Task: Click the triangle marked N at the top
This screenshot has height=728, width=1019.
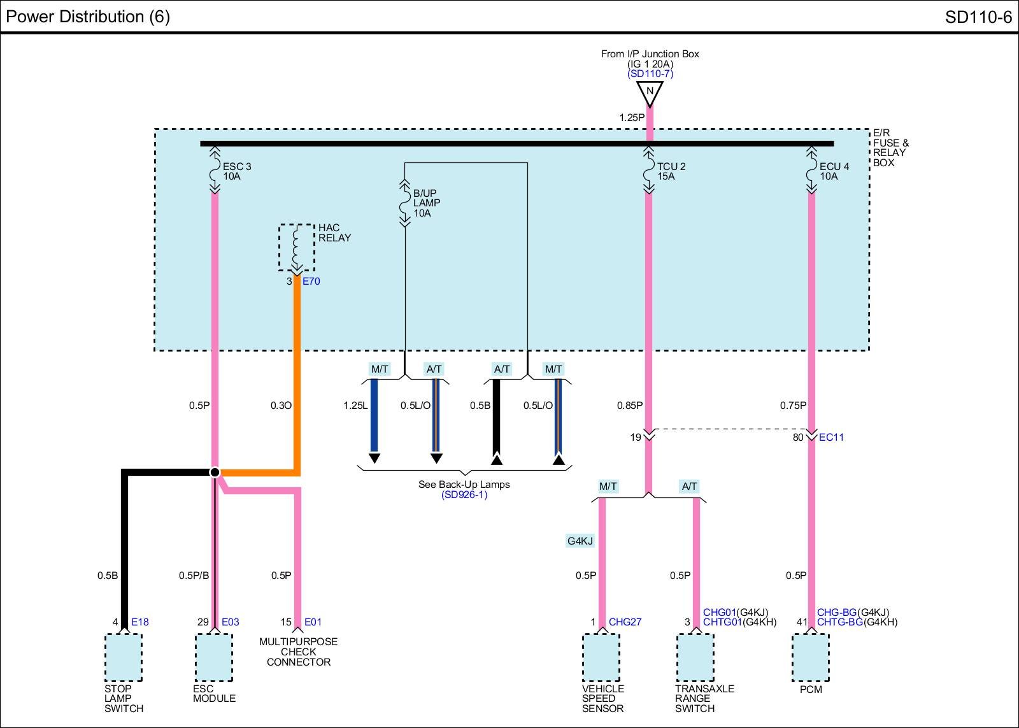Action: [x=650, y=93]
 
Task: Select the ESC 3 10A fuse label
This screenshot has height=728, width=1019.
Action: [x=236, y=171]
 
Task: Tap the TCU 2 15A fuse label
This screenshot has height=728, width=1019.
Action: [x=671, y=171]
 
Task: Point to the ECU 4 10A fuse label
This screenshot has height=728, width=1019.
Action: [x=834, y=171]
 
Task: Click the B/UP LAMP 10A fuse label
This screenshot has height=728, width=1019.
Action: [x=426, y=203]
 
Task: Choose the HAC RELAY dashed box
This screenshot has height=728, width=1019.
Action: [x=297, y=248]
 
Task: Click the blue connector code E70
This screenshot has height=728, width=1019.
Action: [x=311, y=281]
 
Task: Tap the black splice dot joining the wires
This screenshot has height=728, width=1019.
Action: [x=215, y=473]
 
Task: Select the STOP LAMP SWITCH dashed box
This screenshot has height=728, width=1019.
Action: [x=124, y=657]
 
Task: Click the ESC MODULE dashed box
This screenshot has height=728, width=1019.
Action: [x=214, y=657]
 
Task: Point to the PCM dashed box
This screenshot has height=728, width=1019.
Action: [x=811, y=657]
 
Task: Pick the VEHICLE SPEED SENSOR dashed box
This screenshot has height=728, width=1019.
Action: [x=601, y=657]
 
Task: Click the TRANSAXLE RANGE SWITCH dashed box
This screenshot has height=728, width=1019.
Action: [x=695, y=657]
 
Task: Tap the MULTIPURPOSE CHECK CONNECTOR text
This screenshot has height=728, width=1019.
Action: [x=299, y=652]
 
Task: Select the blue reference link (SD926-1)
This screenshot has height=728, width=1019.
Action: [x=464, y=495]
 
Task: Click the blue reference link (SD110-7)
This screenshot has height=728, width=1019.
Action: [x=650, y=74]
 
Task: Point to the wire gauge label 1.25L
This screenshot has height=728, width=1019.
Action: [x=355, y=406]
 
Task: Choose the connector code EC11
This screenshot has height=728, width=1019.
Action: [x=831, y=438]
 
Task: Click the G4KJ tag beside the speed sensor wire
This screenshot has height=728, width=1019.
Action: [x=580, y=541]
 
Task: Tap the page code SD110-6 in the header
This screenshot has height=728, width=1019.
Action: [x=978, y=17]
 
